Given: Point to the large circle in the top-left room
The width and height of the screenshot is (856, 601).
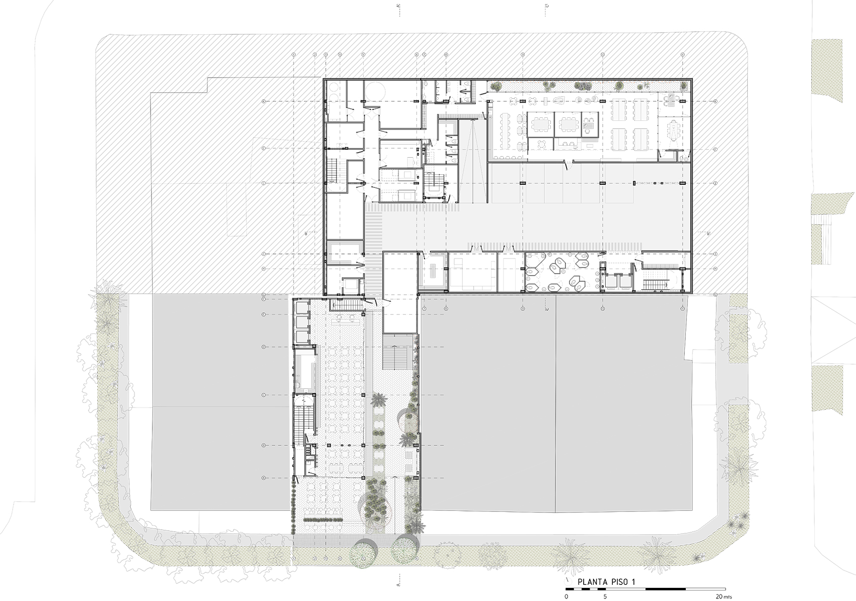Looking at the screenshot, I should (x=374, y=91).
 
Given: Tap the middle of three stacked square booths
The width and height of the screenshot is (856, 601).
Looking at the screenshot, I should (x=303, y=321).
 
